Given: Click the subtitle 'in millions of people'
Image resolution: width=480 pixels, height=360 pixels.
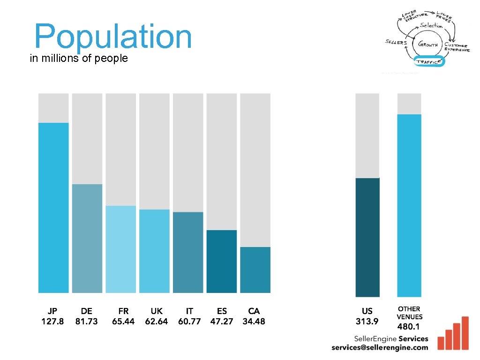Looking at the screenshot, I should pyautogui.click(x=78, y=59).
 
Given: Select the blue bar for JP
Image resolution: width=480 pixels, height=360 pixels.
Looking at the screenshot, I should pyautogui.click(x=53, y=208).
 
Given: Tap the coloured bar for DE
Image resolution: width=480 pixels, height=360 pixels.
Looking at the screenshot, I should pyautogui.click(x=87, y=238).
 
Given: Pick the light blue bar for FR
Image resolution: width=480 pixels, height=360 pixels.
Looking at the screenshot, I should pyautogui.click(x=121, y=249).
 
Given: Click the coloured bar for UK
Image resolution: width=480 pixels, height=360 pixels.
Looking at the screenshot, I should pyautogui.click(x=154, y=251).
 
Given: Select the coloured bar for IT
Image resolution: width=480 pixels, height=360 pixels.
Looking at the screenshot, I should pyautogui.click(x=188, y=252).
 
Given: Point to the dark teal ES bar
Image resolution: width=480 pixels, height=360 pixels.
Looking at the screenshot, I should pyautogui.click(x=222, y=261).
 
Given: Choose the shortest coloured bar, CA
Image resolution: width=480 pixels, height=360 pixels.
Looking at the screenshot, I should pyautogui.click(x=255, y=270).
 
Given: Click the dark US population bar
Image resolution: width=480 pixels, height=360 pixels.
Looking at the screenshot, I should pyautogui.click(x=367, y=237).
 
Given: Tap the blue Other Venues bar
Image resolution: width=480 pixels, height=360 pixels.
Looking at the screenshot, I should pyautogui.click(x=409, y=205).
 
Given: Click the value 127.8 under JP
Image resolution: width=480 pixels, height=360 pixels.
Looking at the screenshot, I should pyautogui.click(x=52, y=322).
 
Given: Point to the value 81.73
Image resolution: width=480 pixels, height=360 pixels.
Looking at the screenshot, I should pyautogui.click(x=87, y=322).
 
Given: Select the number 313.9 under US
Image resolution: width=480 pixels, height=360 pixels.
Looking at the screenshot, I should pyautogui.click(x=367, y=322).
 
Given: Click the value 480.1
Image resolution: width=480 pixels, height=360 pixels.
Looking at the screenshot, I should pyautogui.click(x=409, y=326).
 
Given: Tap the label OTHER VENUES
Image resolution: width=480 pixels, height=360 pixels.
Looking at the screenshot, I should pyautogui.click(x=409, y=313).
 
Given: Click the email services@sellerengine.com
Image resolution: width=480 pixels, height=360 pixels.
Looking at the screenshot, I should pyautogui.click(x=380, y=347).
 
